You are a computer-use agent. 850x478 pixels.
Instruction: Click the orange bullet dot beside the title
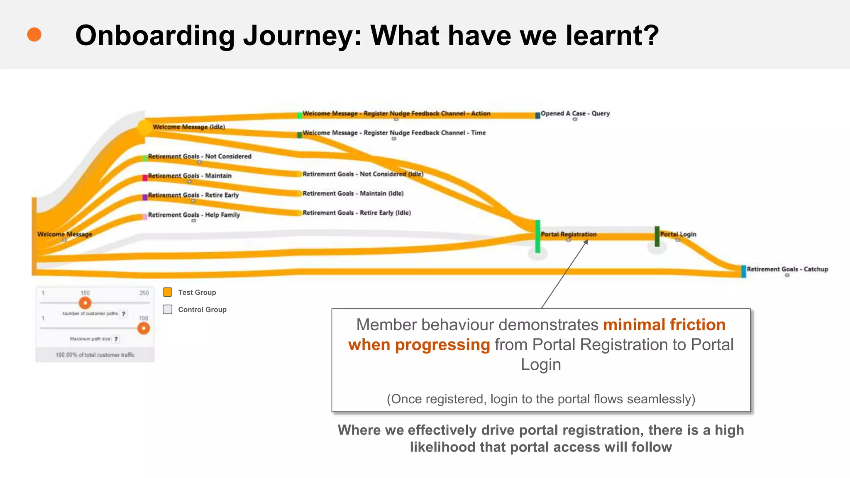coord(34,35)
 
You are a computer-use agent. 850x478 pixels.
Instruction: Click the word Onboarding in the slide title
coord(155,36)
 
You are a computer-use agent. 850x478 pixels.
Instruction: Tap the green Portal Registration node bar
coord(537,237)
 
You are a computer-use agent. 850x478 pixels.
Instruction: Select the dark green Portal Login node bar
coord(657,236)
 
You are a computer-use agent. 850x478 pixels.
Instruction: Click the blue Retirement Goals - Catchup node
coord(743,271)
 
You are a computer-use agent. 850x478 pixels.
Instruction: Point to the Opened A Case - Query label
coord(575,113)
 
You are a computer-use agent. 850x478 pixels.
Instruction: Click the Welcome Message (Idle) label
coord(188,127)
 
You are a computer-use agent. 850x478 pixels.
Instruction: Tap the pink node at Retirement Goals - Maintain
coord(145,178)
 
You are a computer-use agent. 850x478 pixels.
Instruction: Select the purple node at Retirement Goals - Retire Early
coord(145,197)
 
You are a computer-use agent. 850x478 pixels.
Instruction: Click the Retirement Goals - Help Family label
coord(194,215)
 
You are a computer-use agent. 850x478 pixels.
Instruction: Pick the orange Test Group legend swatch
coord(168,292)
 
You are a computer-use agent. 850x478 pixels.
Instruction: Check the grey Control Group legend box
coord(168,310)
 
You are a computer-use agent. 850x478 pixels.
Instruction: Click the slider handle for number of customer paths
coord(85,303)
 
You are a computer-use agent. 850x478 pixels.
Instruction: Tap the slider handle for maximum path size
coord(144,328)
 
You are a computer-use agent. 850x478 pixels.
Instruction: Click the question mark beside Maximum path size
coord(116,339)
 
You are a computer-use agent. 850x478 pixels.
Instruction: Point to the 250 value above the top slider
coord(144,293)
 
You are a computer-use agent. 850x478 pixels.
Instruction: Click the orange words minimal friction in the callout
coord(664,324)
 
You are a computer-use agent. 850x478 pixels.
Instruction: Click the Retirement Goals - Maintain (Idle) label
coord(353,193)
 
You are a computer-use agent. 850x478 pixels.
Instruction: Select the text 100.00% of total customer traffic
coord(95,355)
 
